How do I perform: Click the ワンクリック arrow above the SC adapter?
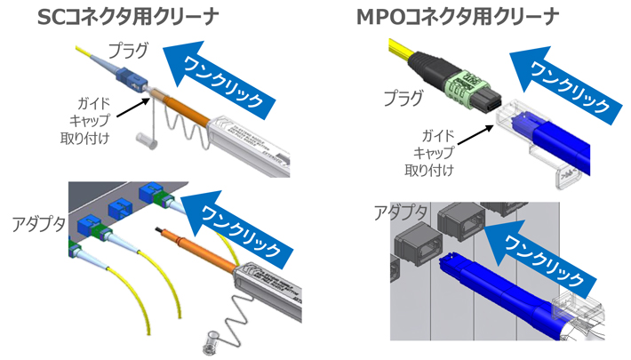click(238, 222)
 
